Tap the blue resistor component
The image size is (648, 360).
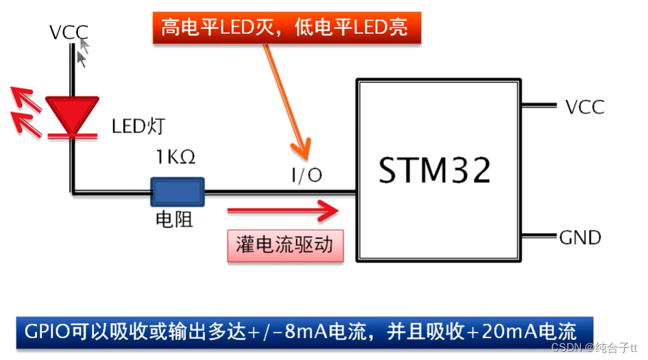tap(178, 191)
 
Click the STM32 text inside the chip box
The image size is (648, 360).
tap(435, 170)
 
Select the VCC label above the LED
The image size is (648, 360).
tap(69, 32)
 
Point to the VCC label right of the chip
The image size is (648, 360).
tap(584, 107)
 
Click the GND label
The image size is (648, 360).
tap(580, 237)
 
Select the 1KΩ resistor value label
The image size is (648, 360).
tap(176, 158)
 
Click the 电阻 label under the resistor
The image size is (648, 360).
tap(175, 219)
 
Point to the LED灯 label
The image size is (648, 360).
tap(138, 126)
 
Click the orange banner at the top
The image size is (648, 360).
tap(287, 28)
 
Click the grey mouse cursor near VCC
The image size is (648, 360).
tap(84, 51)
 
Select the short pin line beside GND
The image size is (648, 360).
tap(539, 237)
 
